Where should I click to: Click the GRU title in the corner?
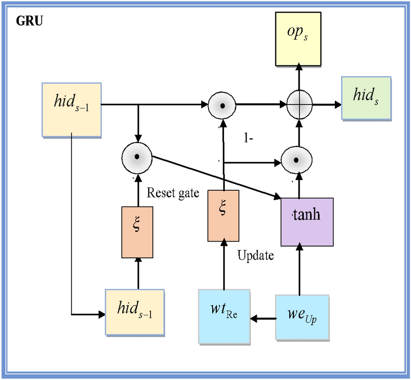tap(30, 22)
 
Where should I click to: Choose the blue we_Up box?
tap(302, 317)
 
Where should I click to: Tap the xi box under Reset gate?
tap(137, 232)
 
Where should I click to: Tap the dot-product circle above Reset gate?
tap(137, 157)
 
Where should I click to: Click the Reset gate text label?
tap(173, 194)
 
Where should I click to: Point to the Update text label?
tap(255, 256)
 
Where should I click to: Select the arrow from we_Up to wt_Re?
tap(263, 319)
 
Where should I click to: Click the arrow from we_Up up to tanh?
tap(299, 270)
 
